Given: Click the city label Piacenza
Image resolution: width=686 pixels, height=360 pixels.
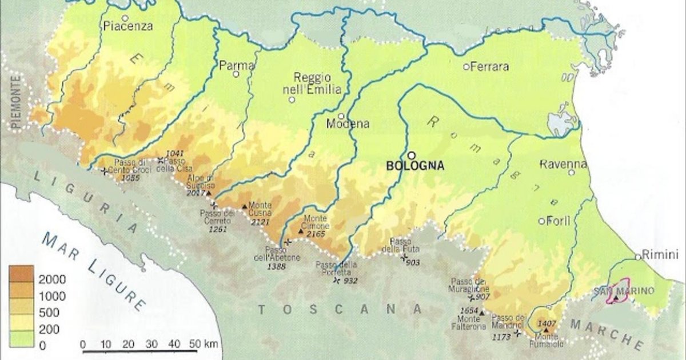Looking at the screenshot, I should click(129, 26).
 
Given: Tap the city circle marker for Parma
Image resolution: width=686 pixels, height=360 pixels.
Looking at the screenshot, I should click(236, 74).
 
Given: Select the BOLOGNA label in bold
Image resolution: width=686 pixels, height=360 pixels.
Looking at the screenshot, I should click(416, 166).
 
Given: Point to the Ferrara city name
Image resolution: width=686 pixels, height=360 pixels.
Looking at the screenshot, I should click(489, 67).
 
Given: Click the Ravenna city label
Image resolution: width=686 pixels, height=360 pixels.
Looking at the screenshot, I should click(564, 165).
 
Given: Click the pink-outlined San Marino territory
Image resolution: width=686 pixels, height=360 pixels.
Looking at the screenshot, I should click(617, 293).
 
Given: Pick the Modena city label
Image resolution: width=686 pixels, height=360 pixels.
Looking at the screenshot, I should click(348, 123).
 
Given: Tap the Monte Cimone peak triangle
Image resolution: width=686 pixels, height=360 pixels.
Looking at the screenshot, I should click(301, 231).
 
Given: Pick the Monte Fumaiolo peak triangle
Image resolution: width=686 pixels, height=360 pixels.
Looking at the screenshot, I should click(546, 330).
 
